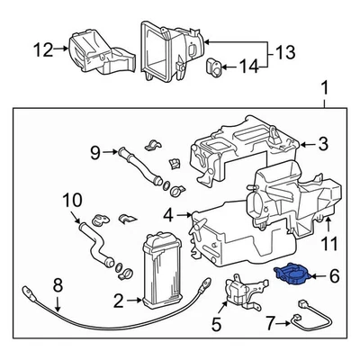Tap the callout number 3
point(322,143)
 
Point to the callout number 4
point(168,215)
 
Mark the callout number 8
point(58,287)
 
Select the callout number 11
point(330,244)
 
